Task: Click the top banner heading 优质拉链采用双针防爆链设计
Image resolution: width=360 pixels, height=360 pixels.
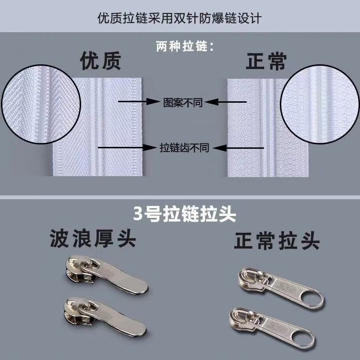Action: pyautogui.click(x=180, y=18)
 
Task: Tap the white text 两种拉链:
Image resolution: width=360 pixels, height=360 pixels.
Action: pyautogui.click(x=185, y=47)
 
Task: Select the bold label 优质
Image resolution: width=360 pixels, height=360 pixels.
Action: pyautogui.click(x=101, y=60)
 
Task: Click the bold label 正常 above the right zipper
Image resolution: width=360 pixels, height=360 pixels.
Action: pyautogui.click(x=266, y=61)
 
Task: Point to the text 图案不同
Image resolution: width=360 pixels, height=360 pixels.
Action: pyautogui.click(x=183, y=102)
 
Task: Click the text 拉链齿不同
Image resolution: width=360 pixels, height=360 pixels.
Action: pyautogui.click(x=184, y=148)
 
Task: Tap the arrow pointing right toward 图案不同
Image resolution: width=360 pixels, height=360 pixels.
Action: pyautogui.click(x=139, y=101)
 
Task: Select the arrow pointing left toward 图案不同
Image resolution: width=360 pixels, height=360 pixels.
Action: pyautogui.click(x=225, y=102)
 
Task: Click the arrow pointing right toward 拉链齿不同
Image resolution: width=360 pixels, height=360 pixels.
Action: pyautogui.click(x=127, y=147)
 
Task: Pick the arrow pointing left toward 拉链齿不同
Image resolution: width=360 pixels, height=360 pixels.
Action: pyautogui.click(x=238, y=148)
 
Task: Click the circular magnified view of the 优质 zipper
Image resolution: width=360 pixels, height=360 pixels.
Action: pyautogui.click(x=41, y=104)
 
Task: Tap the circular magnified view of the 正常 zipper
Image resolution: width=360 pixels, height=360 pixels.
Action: pyautogui.click(x=320, y=104)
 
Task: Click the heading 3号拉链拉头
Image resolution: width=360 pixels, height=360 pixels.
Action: pyautogui.click(x=185, y=214)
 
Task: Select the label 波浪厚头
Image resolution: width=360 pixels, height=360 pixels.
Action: pyautogui.click(x=93, y=238)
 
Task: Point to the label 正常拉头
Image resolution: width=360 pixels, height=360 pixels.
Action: pyautogui.click(x=277, y=240)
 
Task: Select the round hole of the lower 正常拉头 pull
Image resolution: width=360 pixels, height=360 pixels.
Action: pyautogui.click(x=302, y=337)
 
